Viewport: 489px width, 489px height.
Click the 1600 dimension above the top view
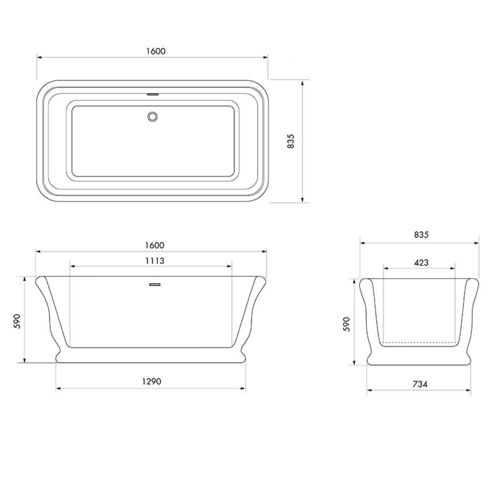(156, 51)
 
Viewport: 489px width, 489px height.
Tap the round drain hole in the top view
(153, 116)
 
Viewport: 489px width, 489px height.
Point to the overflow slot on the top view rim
(153, 95)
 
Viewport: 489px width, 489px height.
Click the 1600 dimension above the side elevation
(154, 245)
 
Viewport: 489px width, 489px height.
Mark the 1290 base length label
(151, 381)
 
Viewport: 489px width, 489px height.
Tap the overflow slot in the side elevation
(155, 284)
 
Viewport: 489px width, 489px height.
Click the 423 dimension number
(421, 263)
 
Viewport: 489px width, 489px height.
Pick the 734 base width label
(420, 384)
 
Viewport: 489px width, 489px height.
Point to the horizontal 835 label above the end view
(421, 235)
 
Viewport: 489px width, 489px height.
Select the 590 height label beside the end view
(347, 324)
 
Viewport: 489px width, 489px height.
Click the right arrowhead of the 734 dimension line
(469, 391)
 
